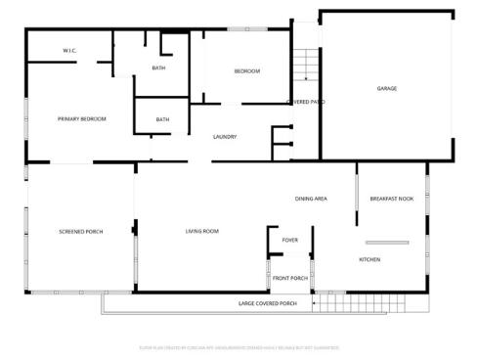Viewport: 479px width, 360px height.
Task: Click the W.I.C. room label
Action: tap(69, 50)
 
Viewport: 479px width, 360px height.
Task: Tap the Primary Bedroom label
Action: tap(81, 119)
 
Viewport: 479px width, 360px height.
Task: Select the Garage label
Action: tap(387, 89)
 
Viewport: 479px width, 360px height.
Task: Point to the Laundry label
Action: tap(225, 136)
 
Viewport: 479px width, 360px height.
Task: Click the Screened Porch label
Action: tap(81, 232)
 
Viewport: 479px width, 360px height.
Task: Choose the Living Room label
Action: tap(202, 232)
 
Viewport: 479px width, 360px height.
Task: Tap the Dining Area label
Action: tap(311, 199)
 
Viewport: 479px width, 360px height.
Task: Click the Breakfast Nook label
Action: tap(391, 199)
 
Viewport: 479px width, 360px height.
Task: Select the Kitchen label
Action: tap(370, 259)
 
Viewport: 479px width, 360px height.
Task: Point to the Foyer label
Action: tap(290, 239)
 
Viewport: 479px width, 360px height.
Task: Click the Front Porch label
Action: tap(290, 278)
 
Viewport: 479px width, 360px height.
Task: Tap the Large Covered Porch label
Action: tap(267, 304)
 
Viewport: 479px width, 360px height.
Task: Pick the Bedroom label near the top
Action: tap(246, 71)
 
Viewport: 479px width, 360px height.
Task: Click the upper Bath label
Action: tap(158, 67)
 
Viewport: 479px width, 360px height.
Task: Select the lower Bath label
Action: tap(162, 119)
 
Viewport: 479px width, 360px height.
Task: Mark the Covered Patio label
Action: tap(305, 102)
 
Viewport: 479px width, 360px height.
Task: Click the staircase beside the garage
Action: tap(307, 65)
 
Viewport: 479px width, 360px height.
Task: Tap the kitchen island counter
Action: tap(386, 242)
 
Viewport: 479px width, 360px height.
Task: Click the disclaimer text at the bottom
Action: tap(239, 346)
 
